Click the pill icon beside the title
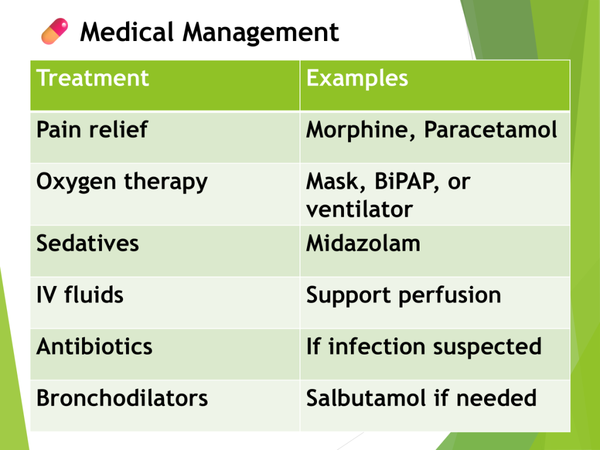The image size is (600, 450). [x=54, y=32]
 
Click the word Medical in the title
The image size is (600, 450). [x=127, y=32]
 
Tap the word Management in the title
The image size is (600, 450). [x=261, y=33]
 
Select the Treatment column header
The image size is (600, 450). [x=92, y=78]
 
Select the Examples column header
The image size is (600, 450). [x=357, y=79]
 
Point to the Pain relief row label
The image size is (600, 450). [x=92, y=129]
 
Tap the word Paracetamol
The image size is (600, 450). [x=490, y=129]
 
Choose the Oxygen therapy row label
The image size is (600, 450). [x=122, y=182]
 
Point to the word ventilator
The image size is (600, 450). [x=359, y=209]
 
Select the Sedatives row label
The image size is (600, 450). [x=88, y=243]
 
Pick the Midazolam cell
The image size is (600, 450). [x=363, y=243]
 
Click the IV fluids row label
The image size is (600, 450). [x=80, y=295]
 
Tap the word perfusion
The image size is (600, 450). [x=449, y=296]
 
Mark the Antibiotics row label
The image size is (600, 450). [x=94, y=346]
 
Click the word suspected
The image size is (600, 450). [x=487, y=347]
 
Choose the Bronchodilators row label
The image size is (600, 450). [x=122, y=398]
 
